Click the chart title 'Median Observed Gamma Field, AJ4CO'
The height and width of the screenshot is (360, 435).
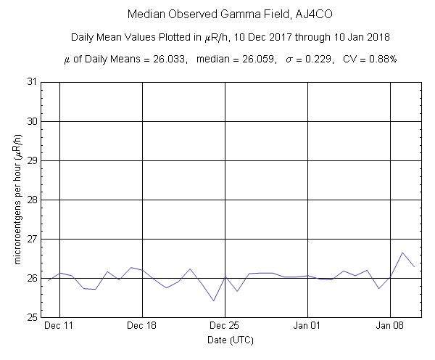pos(215,14)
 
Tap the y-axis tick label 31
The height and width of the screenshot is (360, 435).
pos(33,82)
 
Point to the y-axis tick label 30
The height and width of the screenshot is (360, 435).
pos(33,121)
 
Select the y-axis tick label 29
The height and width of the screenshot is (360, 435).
pos(33,160)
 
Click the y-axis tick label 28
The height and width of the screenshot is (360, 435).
pos(33,200)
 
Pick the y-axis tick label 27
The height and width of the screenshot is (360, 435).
pos(33,239)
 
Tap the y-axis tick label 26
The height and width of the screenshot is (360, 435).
pos(33,278)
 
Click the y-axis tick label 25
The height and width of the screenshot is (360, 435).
pos(33,317)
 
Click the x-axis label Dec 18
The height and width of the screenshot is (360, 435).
pos(142,327)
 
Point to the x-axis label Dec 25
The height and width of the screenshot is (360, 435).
pos(225,327)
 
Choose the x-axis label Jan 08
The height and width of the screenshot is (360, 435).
pos(391,327)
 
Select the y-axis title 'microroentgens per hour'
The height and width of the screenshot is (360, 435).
pos(16,200)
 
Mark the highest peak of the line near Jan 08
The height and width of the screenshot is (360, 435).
pos(402,253)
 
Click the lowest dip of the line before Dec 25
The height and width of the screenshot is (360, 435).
pos(213,300)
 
